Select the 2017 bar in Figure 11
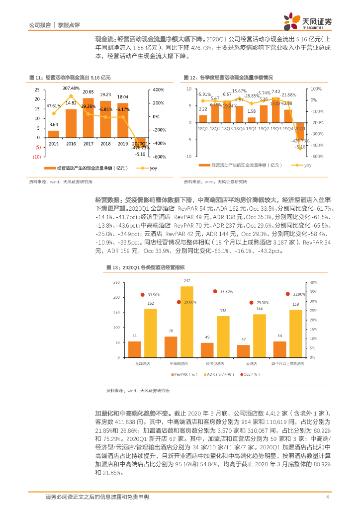(88, 117)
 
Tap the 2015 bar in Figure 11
(54, 134)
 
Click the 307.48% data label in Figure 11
(71, 88)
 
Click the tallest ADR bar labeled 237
(186, 322)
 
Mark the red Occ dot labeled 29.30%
(251, 302)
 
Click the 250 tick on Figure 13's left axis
(116, 282)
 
